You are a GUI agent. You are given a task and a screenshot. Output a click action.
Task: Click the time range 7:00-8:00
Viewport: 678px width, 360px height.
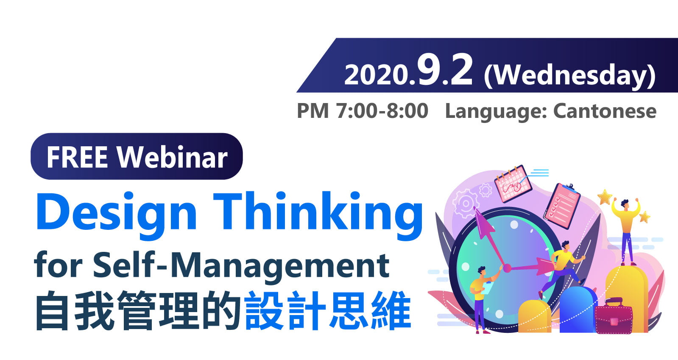(x=382, y=111)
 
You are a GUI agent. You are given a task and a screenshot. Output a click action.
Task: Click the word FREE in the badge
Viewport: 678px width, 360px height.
(x=77, y=157)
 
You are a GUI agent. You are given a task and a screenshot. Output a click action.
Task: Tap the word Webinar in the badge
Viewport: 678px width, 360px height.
(x=172, y=157)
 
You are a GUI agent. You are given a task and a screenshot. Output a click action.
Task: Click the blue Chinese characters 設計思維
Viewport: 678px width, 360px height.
(x=328, y=310)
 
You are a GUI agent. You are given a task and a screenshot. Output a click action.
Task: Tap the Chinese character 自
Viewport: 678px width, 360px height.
(x=52, y=311)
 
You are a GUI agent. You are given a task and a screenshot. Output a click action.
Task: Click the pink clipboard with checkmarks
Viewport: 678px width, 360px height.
(x=562, y=206)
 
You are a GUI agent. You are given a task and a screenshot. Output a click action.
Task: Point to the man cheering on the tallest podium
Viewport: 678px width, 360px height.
(x=626, y=232)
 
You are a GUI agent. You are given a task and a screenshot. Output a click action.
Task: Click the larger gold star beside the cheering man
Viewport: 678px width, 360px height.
(x=605, y=197)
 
